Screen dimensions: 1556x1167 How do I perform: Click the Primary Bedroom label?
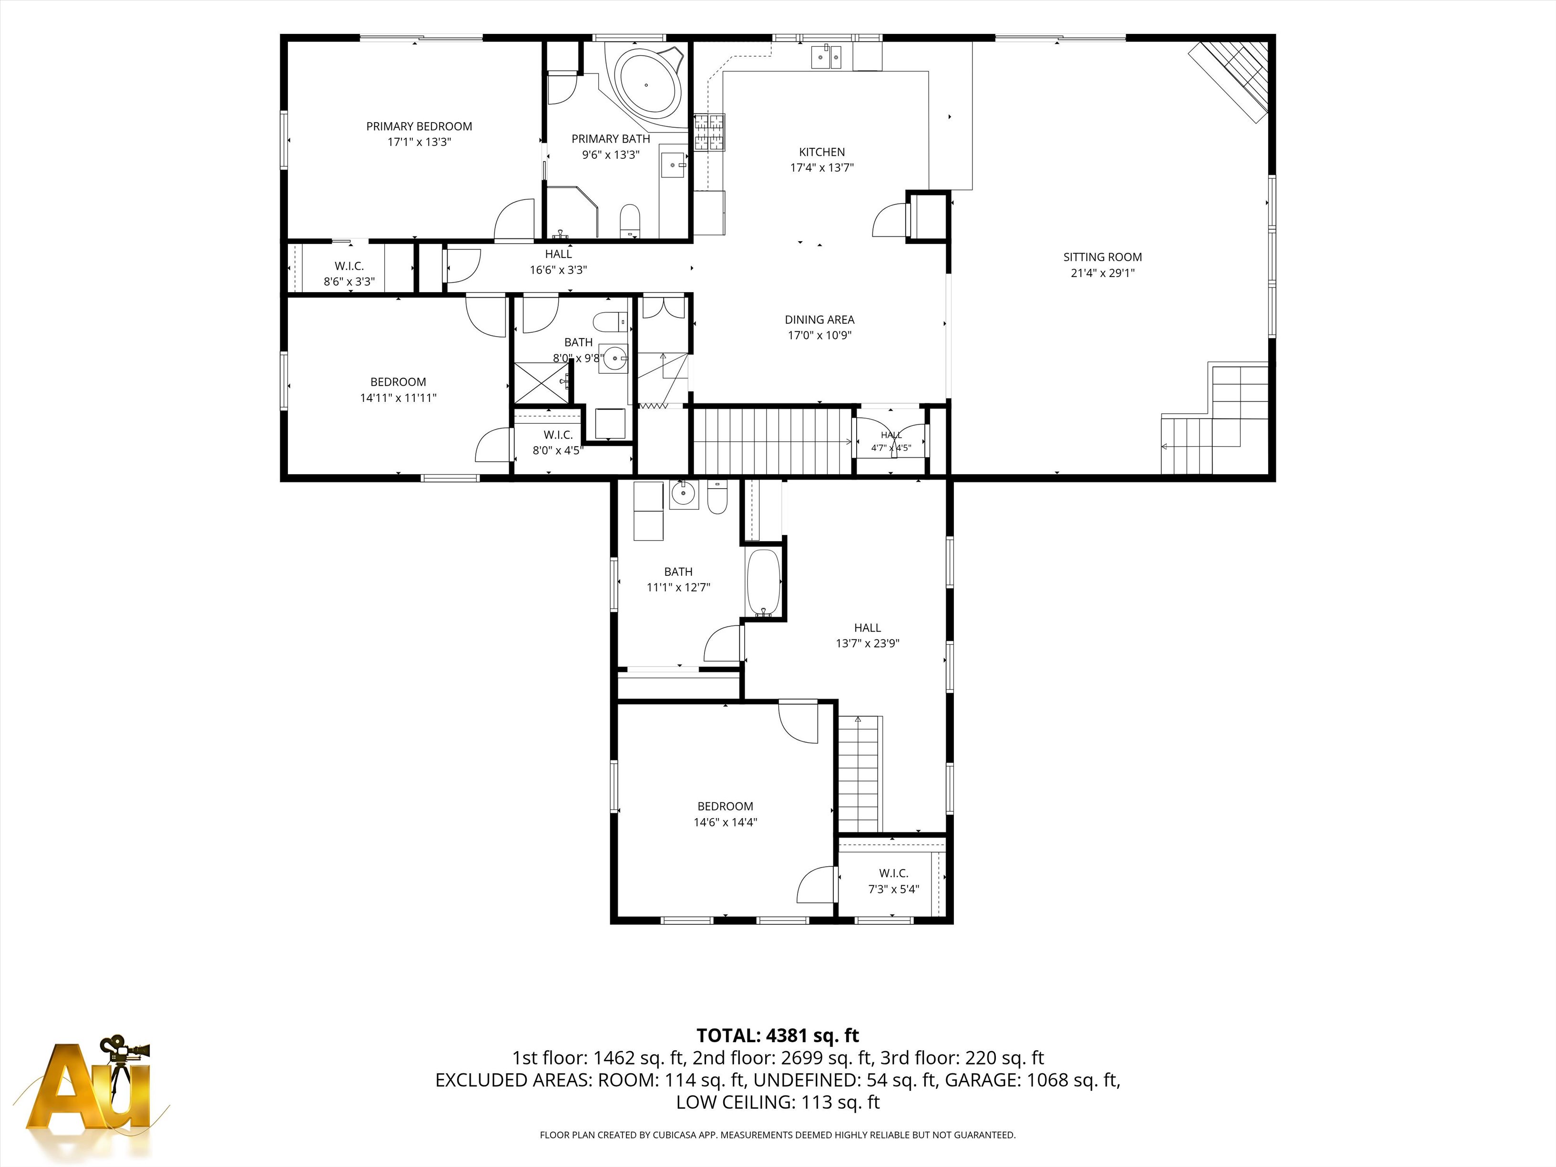coord(419,127)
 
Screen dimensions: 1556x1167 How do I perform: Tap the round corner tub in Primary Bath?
coord(648,82)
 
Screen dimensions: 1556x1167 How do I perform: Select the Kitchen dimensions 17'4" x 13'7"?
coord(821,167)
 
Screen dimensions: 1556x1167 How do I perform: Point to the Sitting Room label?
coord(1102,257)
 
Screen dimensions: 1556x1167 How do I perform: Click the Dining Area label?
coord(819,320)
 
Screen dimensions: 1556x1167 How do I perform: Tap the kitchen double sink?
coord(827,58)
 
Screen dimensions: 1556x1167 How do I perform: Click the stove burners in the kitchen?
coord(710,133)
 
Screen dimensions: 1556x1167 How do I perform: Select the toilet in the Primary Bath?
coord(630,221)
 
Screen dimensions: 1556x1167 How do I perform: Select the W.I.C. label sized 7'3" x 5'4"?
coord(893,874)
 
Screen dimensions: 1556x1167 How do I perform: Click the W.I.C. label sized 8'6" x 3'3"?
coord(349,266)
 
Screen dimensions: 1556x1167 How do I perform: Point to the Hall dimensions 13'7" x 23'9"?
coord(867,643)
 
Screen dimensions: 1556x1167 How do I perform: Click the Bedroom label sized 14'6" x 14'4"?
coord(725,807)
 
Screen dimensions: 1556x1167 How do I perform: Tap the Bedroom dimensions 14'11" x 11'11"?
coord(398,398)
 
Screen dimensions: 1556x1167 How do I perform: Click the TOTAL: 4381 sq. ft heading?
coord(778,1035)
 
